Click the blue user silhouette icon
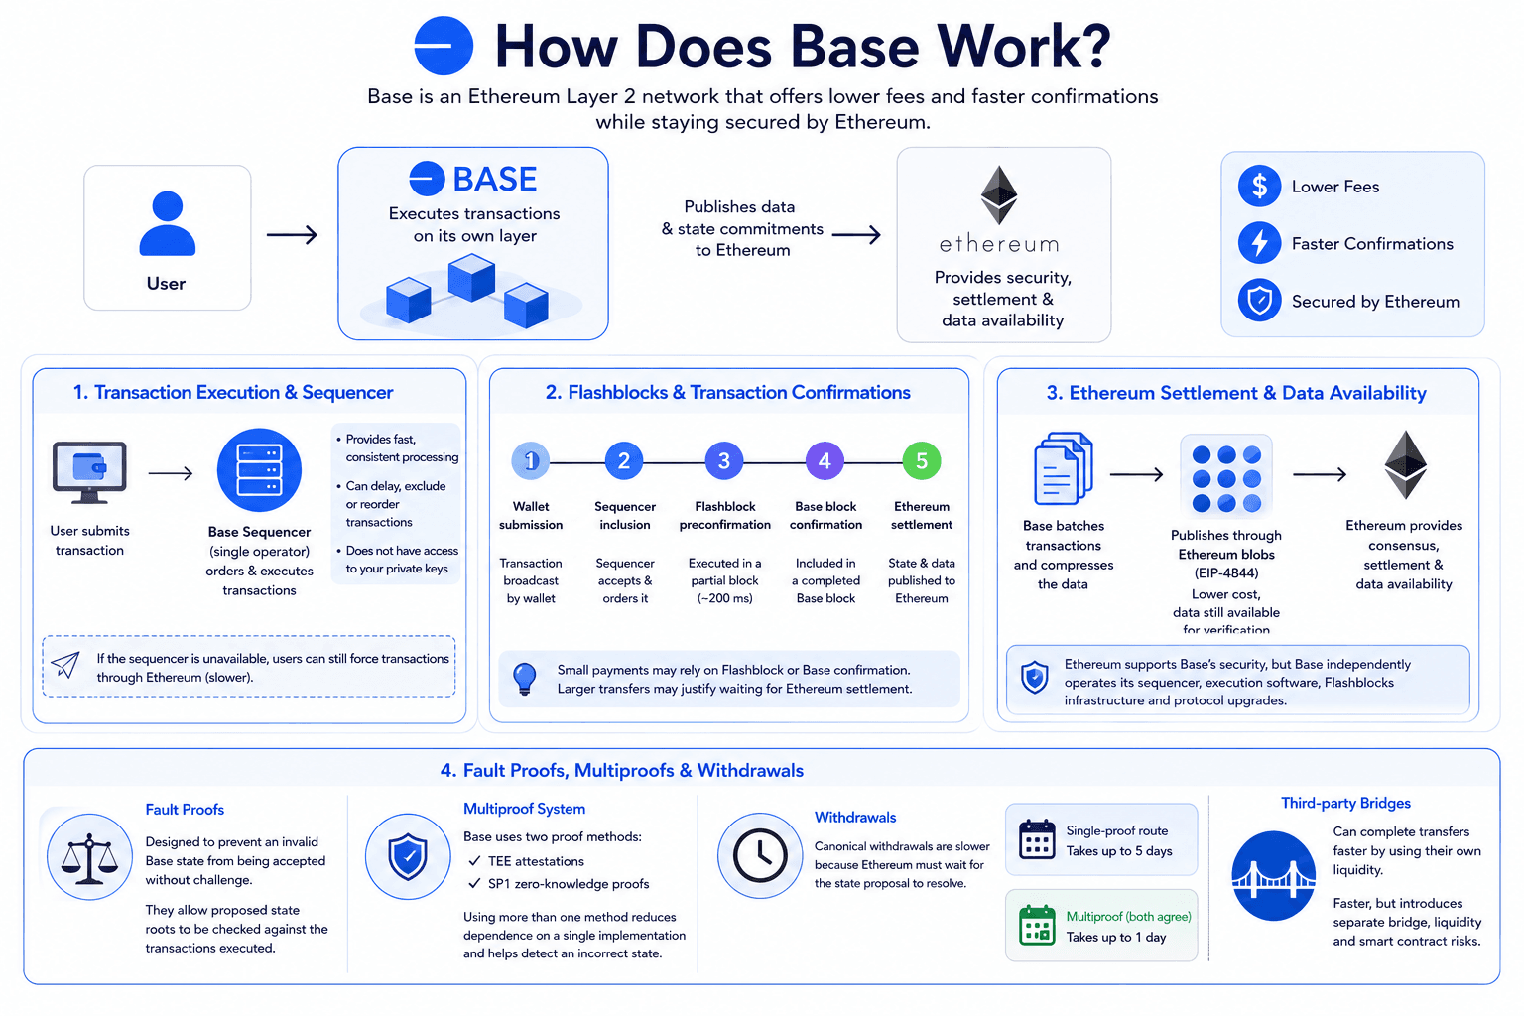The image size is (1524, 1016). (x=168, y=223)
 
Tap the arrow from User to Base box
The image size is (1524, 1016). (x=292, y=235)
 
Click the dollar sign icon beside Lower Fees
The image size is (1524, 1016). (x=1259, y=186)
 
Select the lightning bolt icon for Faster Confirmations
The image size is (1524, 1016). (x=1259, y=243)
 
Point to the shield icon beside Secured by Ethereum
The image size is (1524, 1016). (x=1259, y=300)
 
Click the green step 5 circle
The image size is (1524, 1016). (x=921, y=460)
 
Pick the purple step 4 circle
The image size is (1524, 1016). (x=825, y=460)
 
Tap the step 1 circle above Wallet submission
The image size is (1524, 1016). (x=531, y=460)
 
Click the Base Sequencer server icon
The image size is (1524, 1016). (x=259, y=469)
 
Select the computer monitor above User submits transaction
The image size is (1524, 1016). (x=89, y=472)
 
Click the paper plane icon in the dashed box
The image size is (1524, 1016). (x=66, y=665)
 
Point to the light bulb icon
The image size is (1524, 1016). (x=525, y=679)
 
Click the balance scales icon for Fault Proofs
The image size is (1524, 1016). (x=89, y=857)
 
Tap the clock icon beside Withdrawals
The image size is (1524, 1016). (x=760, y=855)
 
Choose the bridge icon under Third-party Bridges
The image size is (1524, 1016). (x=1274, y=876)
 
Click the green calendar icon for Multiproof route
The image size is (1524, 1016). (x=1037, y=925)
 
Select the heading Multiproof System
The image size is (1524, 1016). (x=525, y=809)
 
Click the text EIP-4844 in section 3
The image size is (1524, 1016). (x=1226, y=573)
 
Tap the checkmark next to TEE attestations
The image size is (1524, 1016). (x=475, y=861)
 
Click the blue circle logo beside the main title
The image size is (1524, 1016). (x=444, y=46)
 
